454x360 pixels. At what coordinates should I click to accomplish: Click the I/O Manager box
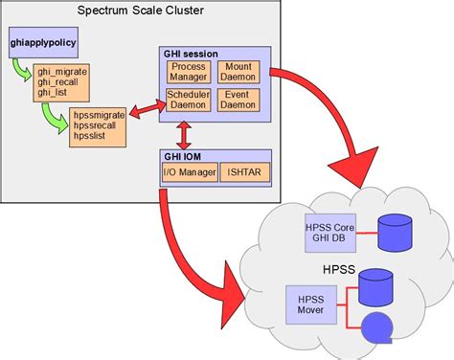pyautogui.click(x=189, y=172)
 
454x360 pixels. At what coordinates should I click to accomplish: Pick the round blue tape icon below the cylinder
pyautogui.click(x=375, y=328)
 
